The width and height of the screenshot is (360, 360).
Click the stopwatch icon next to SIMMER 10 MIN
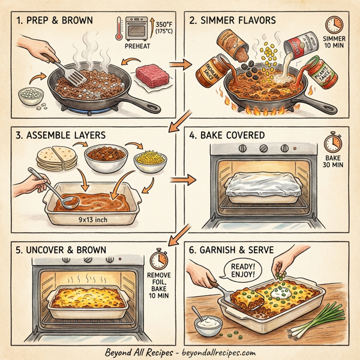point(333,25)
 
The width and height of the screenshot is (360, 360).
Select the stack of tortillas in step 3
point(49,158)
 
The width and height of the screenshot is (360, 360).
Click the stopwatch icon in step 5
point(159,259)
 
